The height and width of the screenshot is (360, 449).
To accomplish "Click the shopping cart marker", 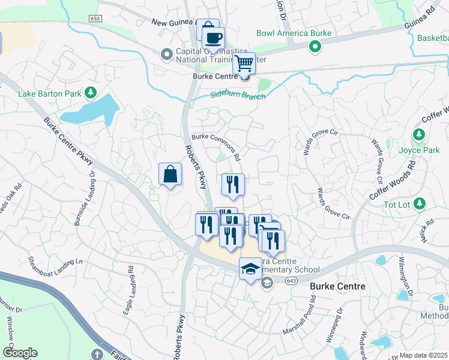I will pyautogui.click(x=244, y=62).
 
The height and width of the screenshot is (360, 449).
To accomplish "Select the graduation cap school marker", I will pyautogui.click(x=250, y=269).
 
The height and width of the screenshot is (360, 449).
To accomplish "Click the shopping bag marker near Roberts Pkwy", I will pyautogui.click(x=170, y=175).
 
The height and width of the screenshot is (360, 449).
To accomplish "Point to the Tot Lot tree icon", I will pyautogui.click(x=420, y=203).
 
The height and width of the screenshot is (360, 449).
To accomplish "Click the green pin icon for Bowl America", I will pyautogui.click(x=314, y=46).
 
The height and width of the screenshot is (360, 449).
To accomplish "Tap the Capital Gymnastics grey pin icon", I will pyautogui.click(x=167, y=55).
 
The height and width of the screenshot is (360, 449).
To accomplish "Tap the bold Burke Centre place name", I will pyautogui.click(x=337, y=287).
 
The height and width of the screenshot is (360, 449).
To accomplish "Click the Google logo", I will pyautogui.click(x=20, y=353).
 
